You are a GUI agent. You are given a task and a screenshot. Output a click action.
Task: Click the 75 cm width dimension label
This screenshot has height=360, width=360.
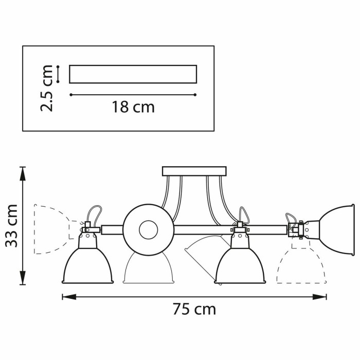click(194, 310)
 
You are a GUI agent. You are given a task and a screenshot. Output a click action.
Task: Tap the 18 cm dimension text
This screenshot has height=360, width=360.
click(133, 107)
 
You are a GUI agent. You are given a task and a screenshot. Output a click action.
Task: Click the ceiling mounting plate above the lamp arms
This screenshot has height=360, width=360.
click(194, 171)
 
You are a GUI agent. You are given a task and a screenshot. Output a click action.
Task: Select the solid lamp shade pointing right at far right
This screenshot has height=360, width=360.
click(337, 230)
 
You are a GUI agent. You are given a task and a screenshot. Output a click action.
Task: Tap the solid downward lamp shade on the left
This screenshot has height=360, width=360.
click(87, 265)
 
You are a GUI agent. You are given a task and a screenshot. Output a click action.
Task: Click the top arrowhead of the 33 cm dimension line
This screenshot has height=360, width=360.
click(22, 172)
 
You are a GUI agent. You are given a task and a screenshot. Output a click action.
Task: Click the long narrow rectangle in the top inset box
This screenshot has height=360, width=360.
click(133, 74)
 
